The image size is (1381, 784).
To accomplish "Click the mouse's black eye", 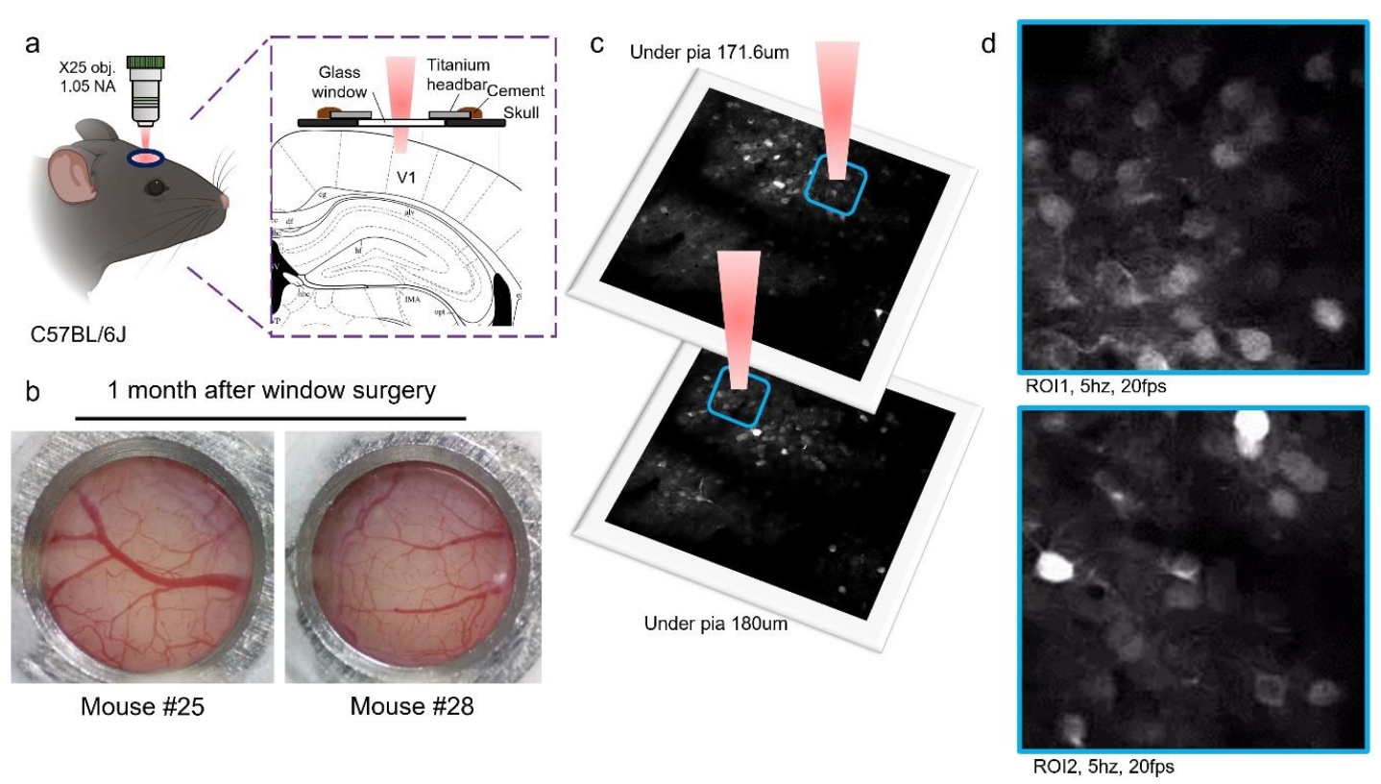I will (x=154, y=189).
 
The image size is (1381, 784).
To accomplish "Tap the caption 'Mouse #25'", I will (x=140, y=707).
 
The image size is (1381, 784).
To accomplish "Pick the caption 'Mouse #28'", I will (x=412, y=707).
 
